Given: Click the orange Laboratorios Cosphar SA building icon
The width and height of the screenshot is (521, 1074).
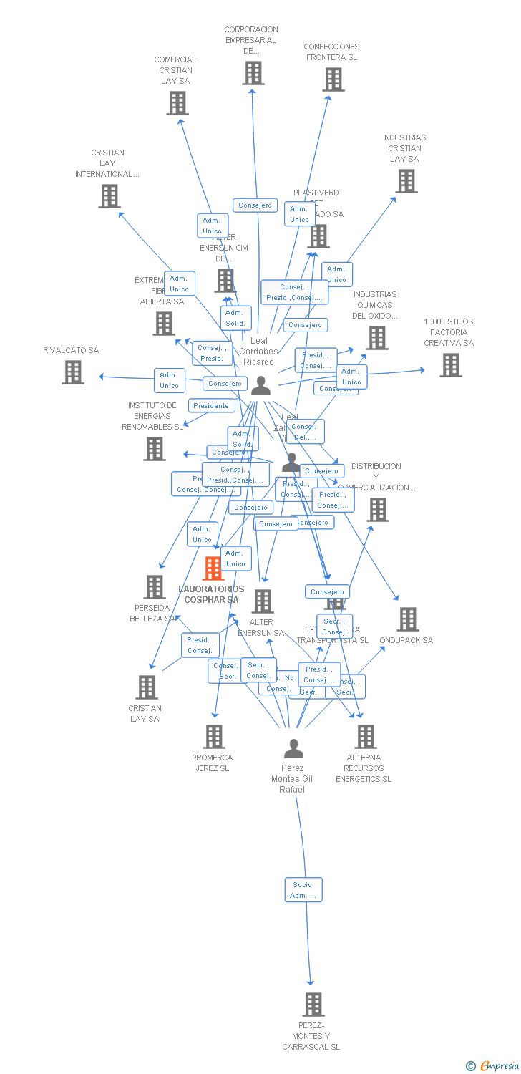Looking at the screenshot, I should (213, 569).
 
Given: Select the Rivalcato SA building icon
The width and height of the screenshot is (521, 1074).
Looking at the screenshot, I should (72, 372).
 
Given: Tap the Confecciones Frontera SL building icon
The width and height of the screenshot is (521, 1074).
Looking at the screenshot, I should (333, 79).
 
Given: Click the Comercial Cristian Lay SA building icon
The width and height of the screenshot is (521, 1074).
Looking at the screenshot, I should (177, 103).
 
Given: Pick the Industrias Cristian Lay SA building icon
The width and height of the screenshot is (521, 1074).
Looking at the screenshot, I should (406, 181).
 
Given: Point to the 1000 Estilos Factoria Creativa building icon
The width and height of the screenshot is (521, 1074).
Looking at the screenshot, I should (450, 365).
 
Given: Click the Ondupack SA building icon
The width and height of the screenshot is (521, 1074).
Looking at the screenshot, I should (407, 619).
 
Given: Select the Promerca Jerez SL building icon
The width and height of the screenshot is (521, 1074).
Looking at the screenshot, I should (213, 737).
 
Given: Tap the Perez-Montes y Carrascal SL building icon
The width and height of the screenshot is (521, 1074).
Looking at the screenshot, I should (313, 1005).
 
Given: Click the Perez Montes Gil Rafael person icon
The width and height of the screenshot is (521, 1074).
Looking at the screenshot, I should (293, 749).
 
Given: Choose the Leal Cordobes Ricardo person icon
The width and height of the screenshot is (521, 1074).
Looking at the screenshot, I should (261, 386).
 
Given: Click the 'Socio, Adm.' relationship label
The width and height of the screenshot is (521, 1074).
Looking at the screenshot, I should (303, 890).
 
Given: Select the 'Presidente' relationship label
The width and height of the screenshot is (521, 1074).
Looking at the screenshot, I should (212, 406).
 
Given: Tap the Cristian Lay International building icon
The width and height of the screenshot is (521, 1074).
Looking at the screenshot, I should (109, 196).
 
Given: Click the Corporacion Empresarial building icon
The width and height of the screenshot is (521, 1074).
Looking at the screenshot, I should (253, 73).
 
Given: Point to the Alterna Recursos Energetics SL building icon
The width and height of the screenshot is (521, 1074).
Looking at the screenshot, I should (365, 737).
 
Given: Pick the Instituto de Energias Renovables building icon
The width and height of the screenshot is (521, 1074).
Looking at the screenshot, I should (155, 449).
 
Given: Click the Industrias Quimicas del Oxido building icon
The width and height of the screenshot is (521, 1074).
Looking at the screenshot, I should (377, 338).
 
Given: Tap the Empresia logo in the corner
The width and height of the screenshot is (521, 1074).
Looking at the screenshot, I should (493, 1066).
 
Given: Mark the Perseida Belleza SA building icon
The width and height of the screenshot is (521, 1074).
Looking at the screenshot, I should (155, 587).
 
